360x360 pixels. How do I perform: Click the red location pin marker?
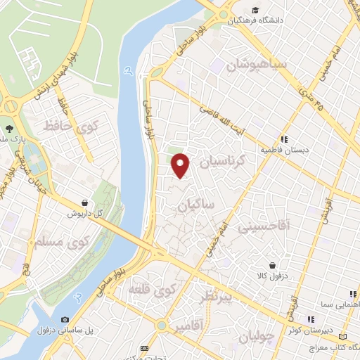point(181,165)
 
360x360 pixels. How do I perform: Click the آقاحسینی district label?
point(264,229)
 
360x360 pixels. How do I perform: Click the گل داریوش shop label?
point(85,214)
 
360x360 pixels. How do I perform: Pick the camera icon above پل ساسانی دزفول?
point(65,319)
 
